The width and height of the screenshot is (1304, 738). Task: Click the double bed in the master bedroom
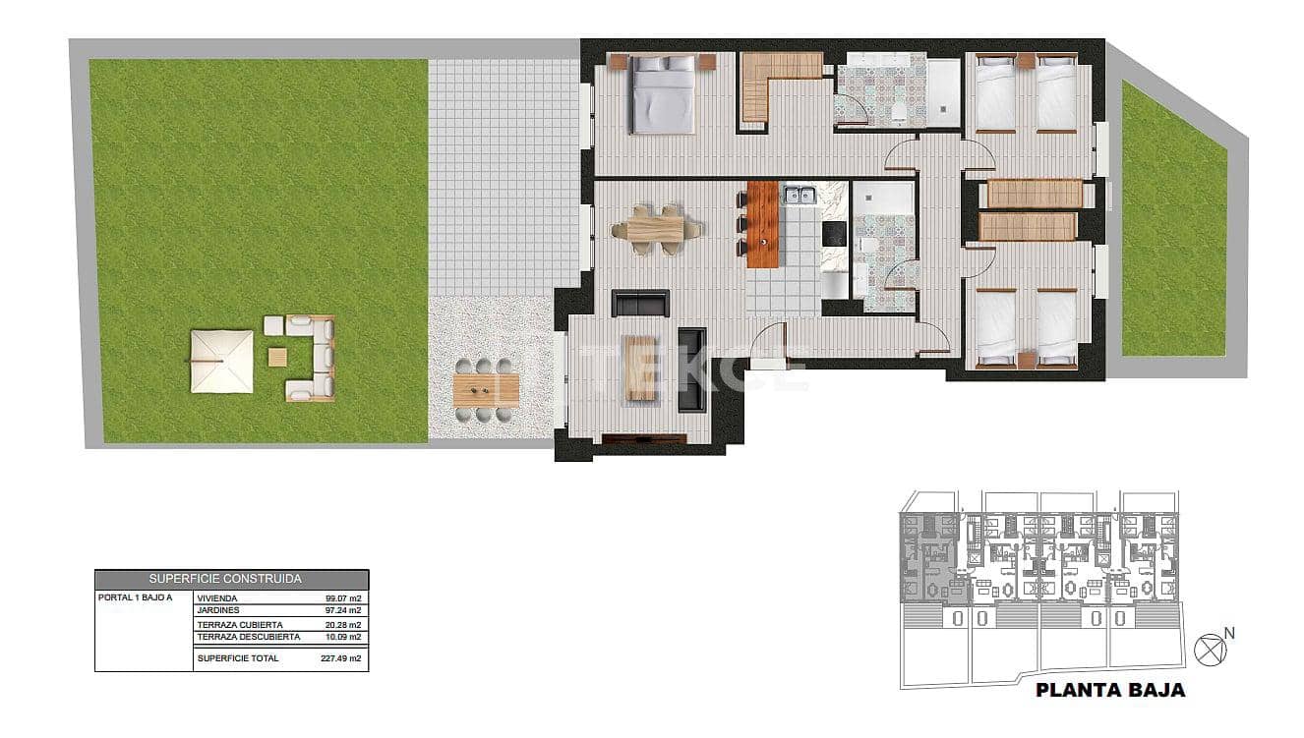pos(664,95)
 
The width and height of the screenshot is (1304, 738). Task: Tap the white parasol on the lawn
pos(221,362)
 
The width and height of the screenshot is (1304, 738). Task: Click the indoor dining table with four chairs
pos(656,230)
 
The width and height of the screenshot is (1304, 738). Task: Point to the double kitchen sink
pos(799,195)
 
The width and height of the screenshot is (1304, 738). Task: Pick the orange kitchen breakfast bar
pos(762,225)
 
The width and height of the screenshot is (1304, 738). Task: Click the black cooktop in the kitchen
pos(834,234)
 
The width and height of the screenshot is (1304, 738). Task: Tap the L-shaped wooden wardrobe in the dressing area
pos(767,79)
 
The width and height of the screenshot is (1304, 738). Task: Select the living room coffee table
pos(641,369)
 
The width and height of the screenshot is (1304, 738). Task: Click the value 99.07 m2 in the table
pos(343,597)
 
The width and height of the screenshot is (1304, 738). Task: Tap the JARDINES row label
pos(219,610)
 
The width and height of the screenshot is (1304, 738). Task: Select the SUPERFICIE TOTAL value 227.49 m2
pos(341,658)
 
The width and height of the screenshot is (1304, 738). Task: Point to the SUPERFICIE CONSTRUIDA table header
pos(231,580)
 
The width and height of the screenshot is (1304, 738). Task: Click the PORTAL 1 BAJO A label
pos(135,597)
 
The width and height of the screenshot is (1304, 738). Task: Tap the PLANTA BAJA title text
pos(1110,690)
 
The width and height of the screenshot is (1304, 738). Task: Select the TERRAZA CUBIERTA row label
pos(240,625)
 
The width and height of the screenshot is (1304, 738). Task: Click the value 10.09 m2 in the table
pos(343,637)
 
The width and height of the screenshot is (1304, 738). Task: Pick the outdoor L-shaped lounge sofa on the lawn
pos(313,358)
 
